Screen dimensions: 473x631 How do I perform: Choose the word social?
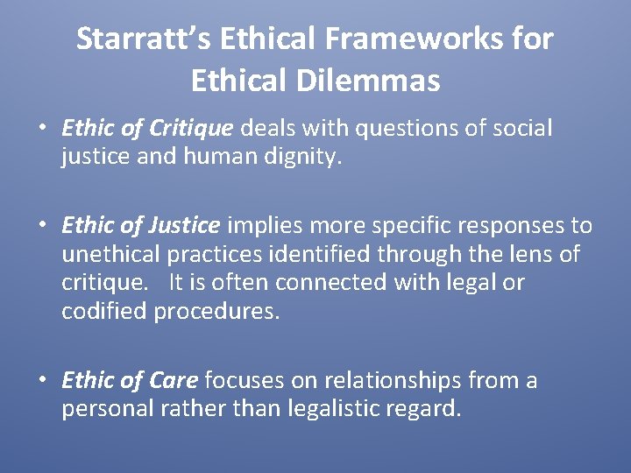tap(522, 129)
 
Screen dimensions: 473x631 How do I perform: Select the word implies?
tap(259, 226)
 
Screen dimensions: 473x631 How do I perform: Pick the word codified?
tap(104, 312)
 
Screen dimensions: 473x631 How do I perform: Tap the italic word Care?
tap(176, 380)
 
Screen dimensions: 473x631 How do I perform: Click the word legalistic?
tap(325, 409)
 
